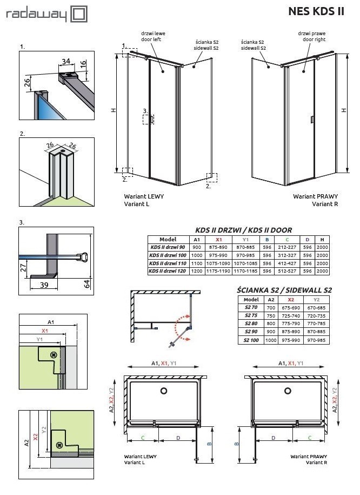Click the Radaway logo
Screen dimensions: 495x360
point(45,14)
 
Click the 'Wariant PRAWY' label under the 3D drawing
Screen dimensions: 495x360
point(315,197)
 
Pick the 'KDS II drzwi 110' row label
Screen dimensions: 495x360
point(168,263)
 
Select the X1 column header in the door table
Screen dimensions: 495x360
point(219,239)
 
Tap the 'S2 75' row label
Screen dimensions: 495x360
point(251,315)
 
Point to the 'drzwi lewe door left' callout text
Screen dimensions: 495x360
point(153,36)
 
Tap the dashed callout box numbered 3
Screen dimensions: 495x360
point(148,119)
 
